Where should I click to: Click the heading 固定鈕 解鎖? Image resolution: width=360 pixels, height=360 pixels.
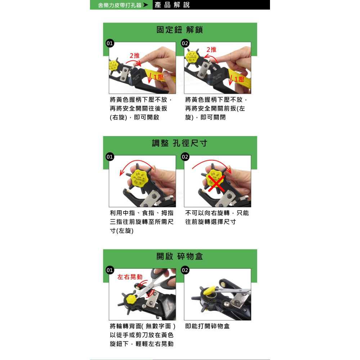(180, 30)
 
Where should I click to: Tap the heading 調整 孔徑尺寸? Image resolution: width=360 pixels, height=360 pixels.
(180, 143)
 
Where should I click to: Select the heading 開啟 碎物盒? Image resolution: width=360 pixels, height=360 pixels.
(180, 256)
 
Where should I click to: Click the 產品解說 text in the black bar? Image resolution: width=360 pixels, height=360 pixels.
(172, 5)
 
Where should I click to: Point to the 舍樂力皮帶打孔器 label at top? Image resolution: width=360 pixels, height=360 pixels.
(120, 5)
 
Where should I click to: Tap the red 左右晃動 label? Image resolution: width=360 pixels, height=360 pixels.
(130, 277)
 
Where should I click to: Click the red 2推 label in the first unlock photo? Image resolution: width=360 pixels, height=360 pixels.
(135, 55)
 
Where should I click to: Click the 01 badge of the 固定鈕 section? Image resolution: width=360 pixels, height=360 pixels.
(109, 44)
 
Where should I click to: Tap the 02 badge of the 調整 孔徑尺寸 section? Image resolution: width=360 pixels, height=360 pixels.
(185, 157)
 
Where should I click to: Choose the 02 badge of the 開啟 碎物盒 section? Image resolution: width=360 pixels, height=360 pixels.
(185, 270)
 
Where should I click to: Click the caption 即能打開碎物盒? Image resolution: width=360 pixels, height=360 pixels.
(207, 326)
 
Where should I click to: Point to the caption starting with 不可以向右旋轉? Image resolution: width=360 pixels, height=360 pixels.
(217, 217)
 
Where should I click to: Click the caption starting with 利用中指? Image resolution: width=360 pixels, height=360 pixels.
(141, 222)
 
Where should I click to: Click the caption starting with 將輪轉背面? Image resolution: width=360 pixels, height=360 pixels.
(143, 335)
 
